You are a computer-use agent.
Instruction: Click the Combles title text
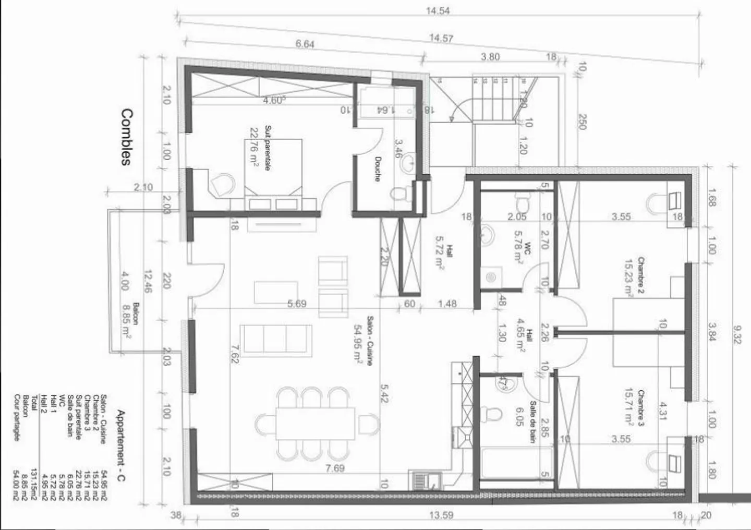click(x=126, y=137)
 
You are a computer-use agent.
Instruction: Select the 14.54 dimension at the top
click(x=438, y=10)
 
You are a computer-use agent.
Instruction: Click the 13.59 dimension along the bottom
click(x=441, y=515)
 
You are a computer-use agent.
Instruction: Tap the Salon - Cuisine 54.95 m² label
click(x=364, y=340)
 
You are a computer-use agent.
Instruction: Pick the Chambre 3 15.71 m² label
click(x=636, y=408)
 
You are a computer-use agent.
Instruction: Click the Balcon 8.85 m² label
click(x=131, y=321)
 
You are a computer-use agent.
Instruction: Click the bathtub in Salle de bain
click(x=515, y=463)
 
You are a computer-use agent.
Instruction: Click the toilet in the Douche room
click(x=400, y=195)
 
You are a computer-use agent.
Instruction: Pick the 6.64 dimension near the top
click(x=305, y=44)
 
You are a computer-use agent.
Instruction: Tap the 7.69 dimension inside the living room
click(x=335, y=468)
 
